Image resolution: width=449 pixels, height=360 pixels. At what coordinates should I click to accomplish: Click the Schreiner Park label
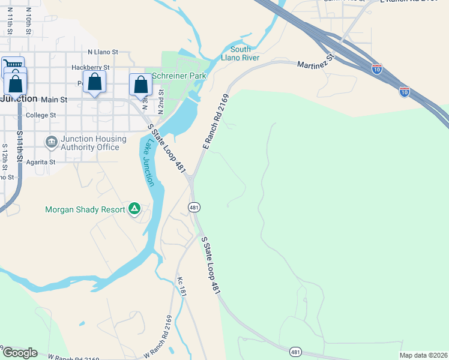pos(179,76)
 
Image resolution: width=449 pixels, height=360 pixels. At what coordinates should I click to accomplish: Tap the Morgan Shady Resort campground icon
pos(134,209)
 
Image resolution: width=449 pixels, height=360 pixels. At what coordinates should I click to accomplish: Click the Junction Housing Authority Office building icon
pos(51,142)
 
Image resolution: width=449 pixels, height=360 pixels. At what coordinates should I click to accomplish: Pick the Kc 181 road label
pos(182,287)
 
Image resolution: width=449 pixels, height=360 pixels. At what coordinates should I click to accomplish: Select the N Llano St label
pos(104,53)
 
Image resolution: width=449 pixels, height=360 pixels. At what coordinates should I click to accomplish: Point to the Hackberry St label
pos(90,68)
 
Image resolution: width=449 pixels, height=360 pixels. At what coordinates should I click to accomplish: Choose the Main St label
pos(55,99)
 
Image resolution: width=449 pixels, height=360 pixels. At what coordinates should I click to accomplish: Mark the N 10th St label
pos(28,23)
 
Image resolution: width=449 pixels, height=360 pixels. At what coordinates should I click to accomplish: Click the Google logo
pos(20,353)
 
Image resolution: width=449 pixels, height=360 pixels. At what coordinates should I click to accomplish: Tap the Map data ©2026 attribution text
pos(423,355)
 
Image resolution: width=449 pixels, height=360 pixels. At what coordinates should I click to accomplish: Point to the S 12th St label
pos(4,155)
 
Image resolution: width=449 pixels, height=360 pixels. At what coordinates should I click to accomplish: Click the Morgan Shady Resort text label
pos(85,209)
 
